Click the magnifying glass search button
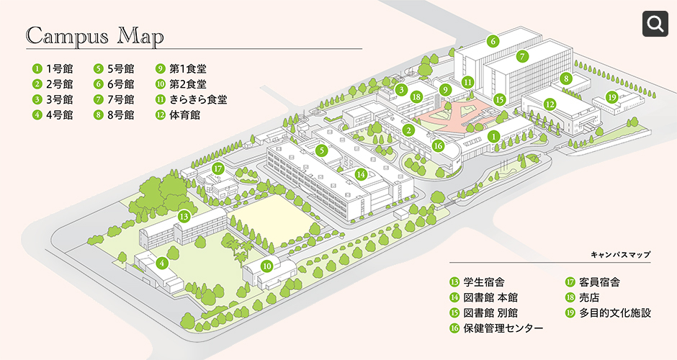656,24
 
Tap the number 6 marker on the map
493,41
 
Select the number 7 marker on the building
523,55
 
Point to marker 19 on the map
611,97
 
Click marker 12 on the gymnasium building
550,104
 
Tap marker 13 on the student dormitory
184,216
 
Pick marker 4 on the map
163,263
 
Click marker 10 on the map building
266,266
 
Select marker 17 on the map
219,169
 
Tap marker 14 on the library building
361,174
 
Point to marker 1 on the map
493,135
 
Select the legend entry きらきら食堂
191,99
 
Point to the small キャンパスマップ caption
620,255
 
